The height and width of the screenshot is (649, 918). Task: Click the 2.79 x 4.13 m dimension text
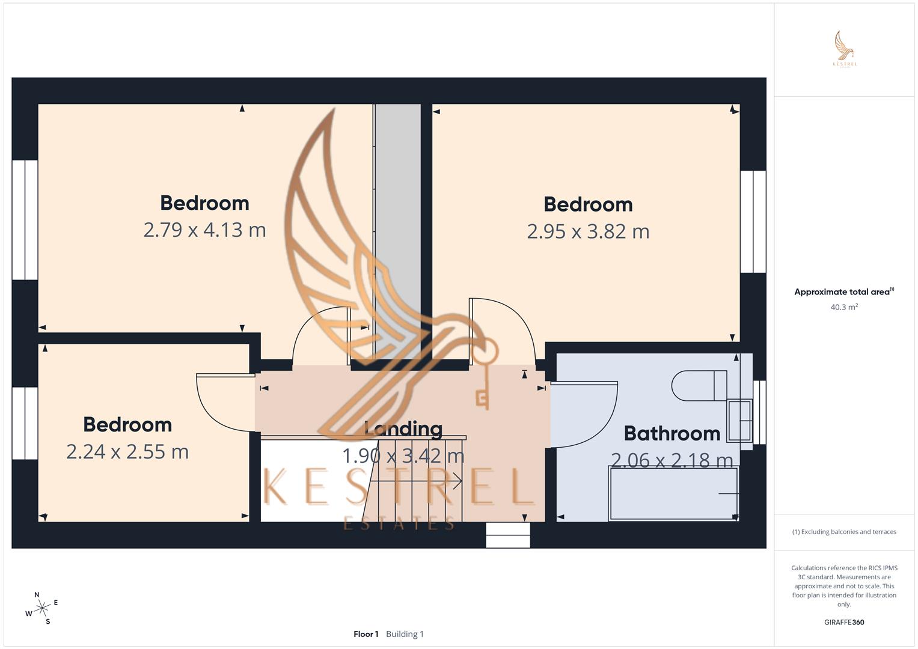point(204,230)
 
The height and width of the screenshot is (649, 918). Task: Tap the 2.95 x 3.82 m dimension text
point(588,231)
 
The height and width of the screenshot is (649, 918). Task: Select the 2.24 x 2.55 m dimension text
point(127,452)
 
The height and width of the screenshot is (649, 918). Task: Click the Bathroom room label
point(672,433)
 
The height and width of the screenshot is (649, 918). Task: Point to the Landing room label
point(403,429)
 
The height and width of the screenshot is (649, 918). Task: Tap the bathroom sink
point(739,420)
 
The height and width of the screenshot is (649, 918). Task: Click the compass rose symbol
point(41,608)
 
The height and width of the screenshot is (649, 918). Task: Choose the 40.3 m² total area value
point(844,307)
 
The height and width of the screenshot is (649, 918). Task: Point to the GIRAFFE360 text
point(844,623)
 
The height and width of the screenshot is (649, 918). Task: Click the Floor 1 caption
point(366,634)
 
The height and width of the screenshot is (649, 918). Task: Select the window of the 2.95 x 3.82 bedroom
point(753,222)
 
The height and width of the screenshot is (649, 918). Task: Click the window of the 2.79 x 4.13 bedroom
point(25,220)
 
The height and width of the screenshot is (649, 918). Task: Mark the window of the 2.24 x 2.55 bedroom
point(25,423)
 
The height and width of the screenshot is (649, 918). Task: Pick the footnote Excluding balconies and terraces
point(844,532)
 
